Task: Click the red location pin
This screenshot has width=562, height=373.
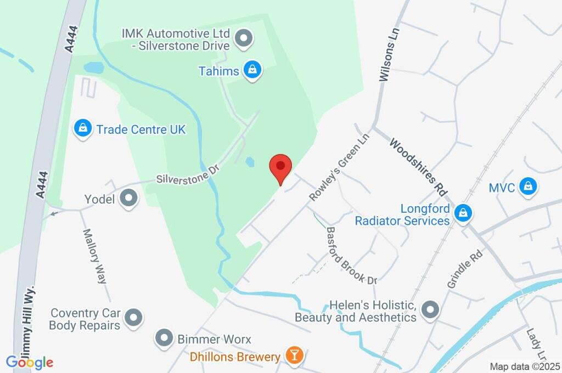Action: tap(280, 166)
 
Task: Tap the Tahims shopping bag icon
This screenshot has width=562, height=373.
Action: tap(252, 70)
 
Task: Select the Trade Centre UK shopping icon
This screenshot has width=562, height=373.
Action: tap(82, 129)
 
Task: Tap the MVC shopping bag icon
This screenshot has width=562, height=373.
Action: tap(527, 187)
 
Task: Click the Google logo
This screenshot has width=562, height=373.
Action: tap(30, 362)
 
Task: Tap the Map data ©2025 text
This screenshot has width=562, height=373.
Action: tap(524, 366)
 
